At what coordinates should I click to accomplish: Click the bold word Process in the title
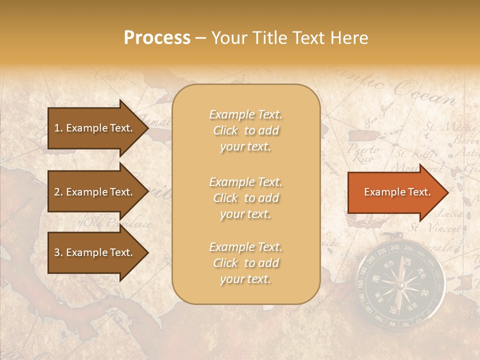157,38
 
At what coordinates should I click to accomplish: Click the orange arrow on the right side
397,192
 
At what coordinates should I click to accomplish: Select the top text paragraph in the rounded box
245,130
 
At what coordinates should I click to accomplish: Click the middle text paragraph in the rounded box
245,198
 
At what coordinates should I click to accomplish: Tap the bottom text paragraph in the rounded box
245,263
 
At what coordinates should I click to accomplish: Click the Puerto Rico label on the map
361,153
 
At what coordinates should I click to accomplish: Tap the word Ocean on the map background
424,92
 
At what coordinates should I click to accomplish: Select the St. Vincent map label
435,228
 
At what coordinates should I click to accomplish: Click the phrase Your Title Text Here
290,38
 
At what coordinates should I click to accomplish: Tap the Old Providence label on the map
117,223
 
